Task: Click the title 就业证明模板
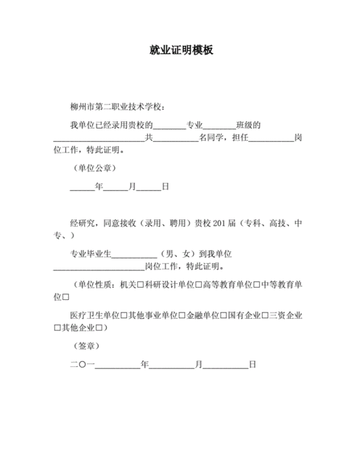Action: (181, 52)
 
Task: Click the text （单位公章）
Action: (93, 168)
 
